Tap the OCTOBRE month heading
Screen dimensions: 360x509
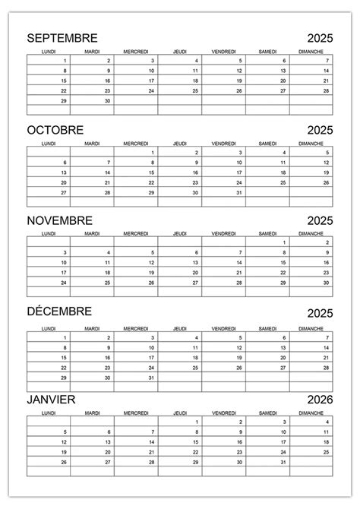tap(55, 129)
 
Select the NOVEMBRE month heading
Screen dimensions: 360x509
tap(59, 220)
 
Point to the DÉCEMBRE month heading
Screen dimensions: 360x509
tap(59, 311)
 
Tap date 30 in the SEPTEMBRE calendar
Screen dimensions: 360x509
tap(108, 100)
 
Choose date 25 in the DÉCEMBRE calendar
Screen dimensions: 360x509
tap(195, 367)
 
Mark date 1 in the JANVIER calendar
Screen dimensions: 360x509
tap(197, 422)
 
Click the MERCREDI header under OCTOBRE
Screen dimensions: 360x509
tap(135, 143)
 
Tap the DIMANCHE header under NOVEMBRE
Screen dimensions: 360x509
tap(311, 233)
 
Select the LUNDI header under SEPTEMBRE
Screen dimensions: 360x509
tap(48, 52)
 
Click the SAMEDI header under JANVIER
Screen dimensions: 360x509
tap(267, 414)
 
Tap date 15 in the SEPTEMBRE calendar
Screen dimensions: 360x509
tap(64, 81)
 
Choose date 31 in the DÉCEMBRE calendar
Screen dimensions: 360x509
tap(151, 377)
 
